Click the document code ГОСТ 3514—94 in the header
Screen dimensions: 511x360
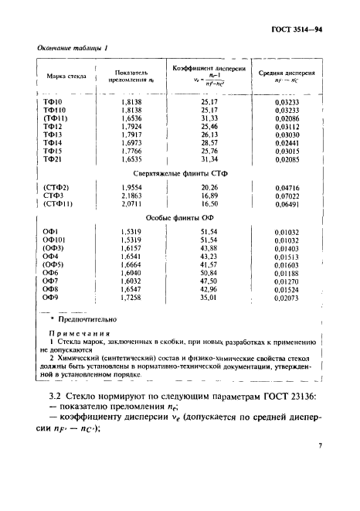click(x=318, y=30)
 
